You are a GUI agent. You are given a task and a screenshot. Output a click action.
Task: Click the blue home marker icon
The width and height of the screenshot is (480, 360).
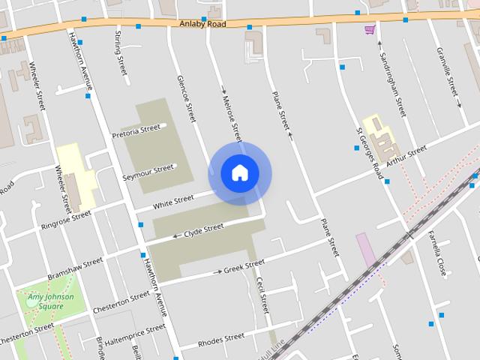tap(239, 173)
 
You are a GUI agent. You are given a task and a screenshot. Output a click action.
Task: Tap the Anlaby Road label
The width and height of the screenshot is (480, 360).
tap(202, 24)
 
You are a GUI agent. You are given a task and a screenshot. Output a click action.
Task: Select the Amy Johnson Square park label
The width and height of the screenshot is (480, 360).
tap(51, 301)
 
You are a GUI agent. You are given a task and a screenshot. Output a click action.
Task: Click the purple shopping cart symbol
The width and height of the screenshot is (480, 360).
tap(369, 29)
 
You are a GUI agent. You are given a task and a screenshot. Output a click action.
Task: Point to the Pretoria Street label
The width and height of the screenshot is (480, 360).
tap(136, 131)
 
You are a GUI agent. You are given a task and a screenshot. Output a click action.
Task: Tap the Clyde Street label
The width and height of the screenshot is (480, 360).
tap(203, 228)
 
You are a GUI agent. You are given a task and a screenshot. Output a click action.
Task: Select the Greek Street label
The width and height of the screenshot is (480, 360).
tap(244, 265)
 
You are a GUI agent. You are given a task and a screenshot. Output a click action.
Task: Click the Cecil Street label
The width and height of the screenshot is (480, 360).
tap(262, 295)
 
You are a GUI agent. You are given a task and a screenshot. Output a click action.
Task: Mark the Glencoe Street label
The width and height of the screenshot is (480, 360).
tap(185, 98)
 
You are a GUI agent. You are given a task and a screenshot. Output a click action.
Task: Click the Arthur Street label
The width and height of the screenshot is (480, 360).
tap(406, 156)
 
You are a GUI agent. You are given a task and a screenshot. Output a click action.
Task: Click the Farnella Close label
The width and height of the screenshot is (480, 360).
tap(436, 256)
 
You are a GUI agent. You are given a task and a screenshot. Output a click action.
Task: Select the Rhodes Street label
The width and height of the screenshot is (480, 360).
tap(221, 340)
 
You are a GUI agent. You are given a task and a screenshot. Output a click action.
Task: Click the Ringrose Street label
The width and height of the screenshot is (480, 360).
tap(66, 219)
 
